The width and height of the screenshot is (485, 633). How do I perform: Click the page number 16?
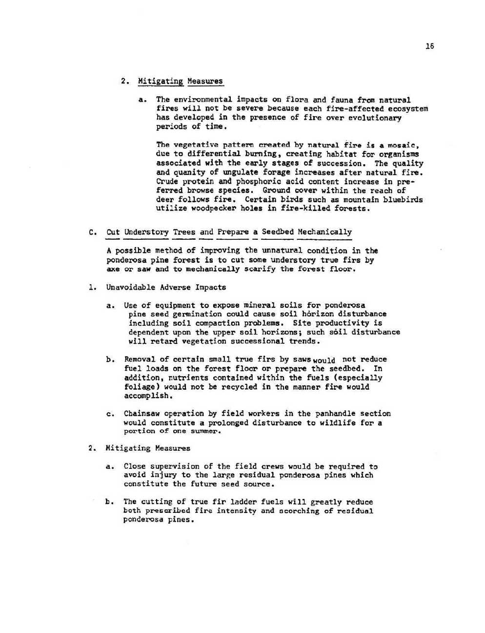coord(429,46)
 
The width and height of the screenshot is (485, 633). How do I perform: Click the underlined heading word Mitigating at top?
coord(161,81)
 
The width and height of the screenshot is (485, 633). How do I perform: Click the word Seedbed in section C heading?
coord(278,232)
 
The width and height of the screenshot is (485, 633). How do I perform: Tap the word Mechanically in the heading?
coord(324,232)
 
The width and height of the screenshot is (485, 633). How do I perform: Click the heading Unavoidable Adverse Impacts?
coord(166,287)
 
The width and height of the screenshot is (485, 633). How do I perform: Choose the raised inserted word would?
coord(324,361)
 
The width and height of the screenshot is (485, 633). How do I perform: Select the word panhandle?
coord(336,414)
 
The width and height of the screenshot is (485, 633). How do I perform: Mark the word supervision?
coord(175,466)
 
